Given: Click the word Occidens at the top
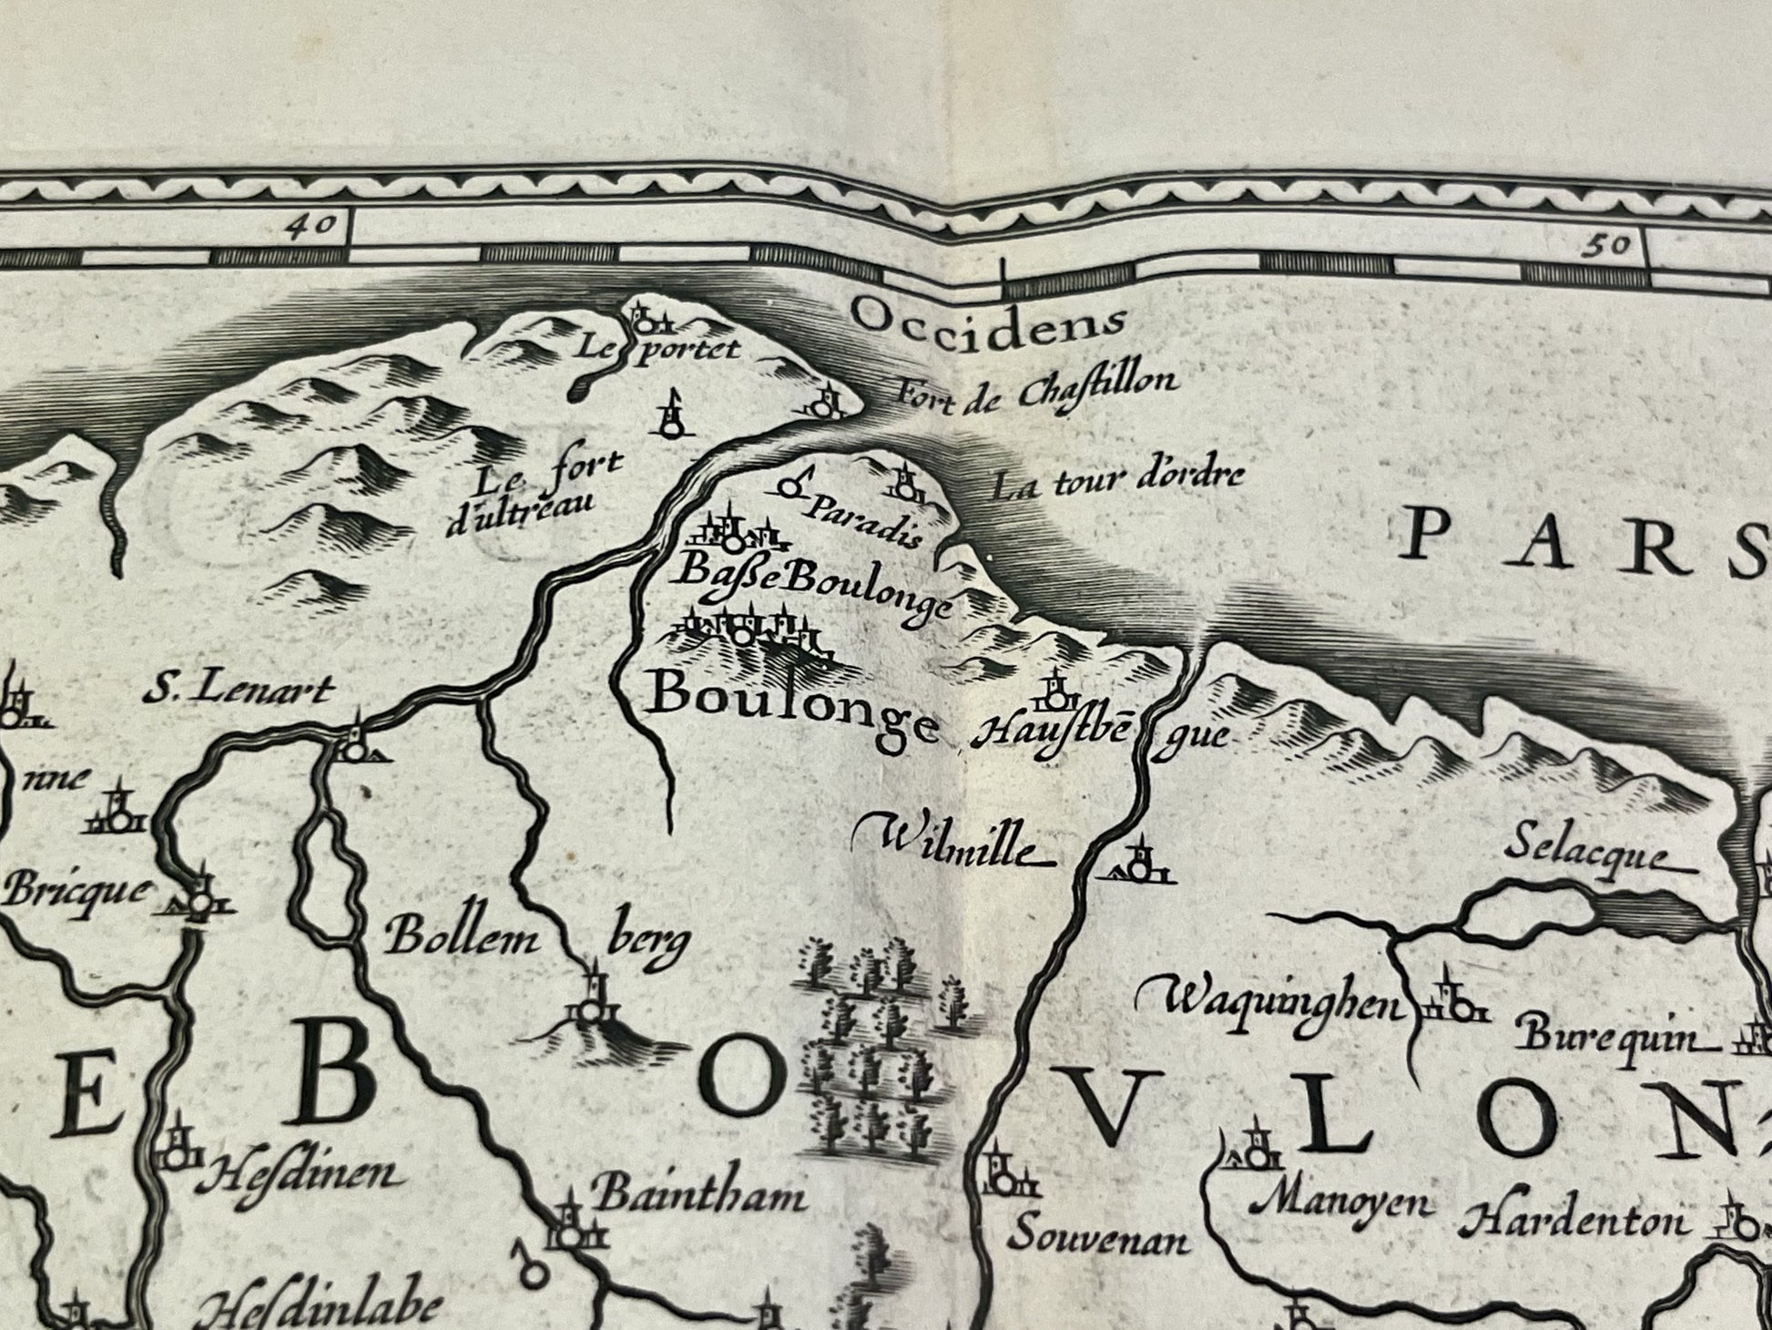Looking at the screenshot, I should (989, 319).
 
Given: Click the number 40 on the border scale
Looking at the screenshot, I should (310, 225).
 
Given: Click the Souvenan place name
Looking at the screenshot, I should (1098, 1239).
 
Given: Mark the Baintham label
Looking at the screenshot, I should (698, 1195).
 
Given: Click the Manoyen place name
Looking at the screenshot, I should (1335, 1202).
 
